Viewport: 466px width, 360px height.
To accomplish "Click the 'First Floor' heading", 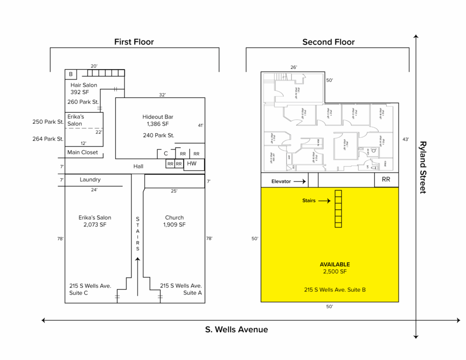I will (134, 42).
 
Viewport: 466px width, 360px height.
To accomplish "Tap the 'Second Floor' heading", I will (328, 42).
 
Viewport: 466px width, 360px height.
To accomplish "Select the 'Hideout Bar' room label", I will (157, 117).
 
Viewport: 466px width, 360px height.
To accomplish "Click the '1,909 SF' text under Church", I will (174, 225).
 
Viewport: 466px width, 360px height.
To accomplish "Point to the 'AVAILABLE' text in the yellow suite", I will (334, 264).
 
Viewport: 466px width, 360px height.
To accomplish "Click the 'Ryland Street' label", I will (423, 167).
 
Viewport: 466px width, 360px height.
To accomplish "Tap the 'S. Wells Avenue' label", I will (236, 330).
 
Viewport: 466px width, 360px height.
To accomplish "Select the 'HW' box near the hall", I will (192, 164).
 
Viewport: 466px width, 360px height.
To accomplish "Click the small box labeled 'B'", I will (71, 74).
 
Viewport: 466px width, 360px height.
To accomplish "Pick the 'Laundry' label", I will (90, 180).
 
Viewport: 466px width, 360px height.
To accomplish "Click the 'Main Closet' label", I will (82, 152).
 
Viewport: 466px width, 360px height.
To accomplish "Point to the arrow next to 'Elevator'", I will (299, 181).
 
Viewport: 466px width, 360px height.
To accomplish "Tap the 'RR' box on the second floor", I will (386, 180).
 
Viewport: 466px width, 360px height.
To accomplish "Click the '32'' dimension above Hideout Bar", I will (162, 95).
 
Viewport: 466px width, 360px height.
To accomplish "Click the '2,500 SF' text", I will (334, 272).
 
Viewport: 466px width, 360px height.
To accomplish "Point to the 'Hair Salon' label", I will (84, 85).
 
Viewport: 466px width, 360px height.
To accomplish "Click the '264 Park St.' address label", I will (48, 139).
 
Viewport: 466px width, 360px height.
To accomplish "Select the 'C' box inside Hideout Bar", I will (166, 154).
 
